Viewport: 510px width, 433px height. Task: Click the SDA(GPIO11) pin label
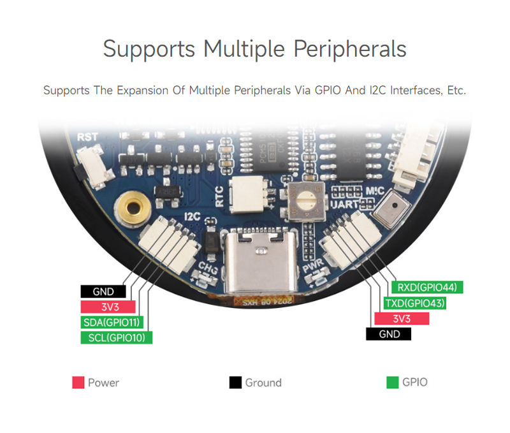point(112,322)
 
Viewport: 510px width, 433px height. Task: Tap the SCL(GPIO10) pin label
point(116,337)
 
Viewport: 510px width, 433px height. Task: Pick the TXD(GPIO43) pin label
point(414,303)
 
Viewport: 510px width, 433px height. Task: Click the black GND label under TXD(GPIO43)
point(389,334)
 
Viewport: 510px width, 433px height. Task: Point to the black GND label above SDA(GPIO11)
point(103,291)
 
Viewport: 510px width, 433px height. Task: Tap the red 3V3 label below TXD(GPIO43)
point(402,318)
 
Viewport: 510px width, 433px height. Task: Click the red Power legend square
point(78,383)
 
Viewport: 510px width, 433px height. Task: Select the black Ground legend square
point(235,383)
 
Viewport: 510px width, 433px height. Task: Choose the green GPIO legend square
point(393,383)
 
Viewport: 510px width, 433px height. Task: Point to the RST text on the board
point(87,137)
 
